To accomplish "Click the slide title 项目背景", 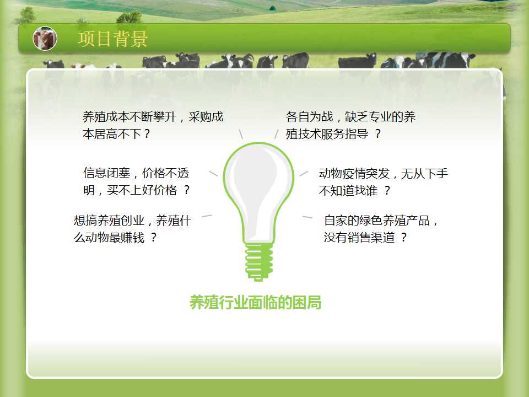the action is tap(112, 39).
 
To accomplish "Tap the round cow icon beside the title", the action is tap(45, 39).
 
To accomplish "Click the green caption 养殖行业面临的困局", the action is tap(255, 302).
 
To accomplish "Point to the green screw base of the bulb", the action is tap(259, 262).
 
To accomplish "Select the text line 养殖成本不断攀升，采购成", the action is tap(153, 117).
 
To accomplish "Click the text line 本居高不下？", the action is tap(116, 134).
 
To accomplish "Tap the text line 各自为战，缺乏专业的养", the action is tap(350, 117).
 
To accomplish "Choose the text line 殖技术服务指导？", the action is tap(333, 134).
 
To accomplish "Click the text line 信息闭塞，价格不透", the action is tap(136, 173).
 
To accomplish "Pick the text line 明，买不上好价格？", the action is tap(136, 190).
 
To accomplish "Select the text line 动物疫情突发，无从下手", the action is tap(384, 174).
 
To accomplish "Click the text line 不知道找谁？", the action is tap(354, 191).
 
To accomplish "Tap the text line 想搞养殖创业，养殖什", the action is tap(133, 221).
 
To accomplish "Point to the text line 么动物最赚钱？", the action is tap(115, 238).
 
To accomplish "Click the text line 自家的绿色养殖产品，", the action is tap(381, 221).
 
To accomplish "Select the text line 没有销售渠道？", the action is tap(365, 238).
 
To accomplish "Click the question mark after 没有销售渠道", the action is tap(403, 238).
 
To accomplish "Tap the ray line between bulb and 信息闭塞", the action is tap(214, 174).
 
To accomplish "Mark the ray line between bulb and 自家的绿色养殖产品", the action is tap(307, 217).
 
